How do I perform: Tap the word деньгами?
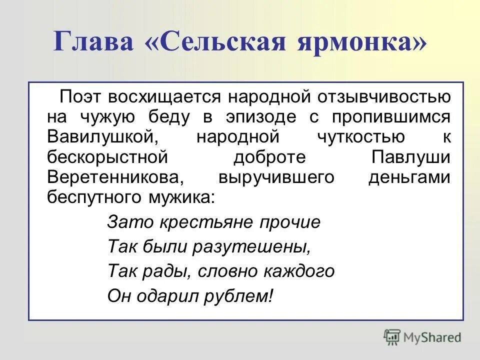(409, 177)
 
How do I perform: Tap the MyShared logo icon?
(392, 337)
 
